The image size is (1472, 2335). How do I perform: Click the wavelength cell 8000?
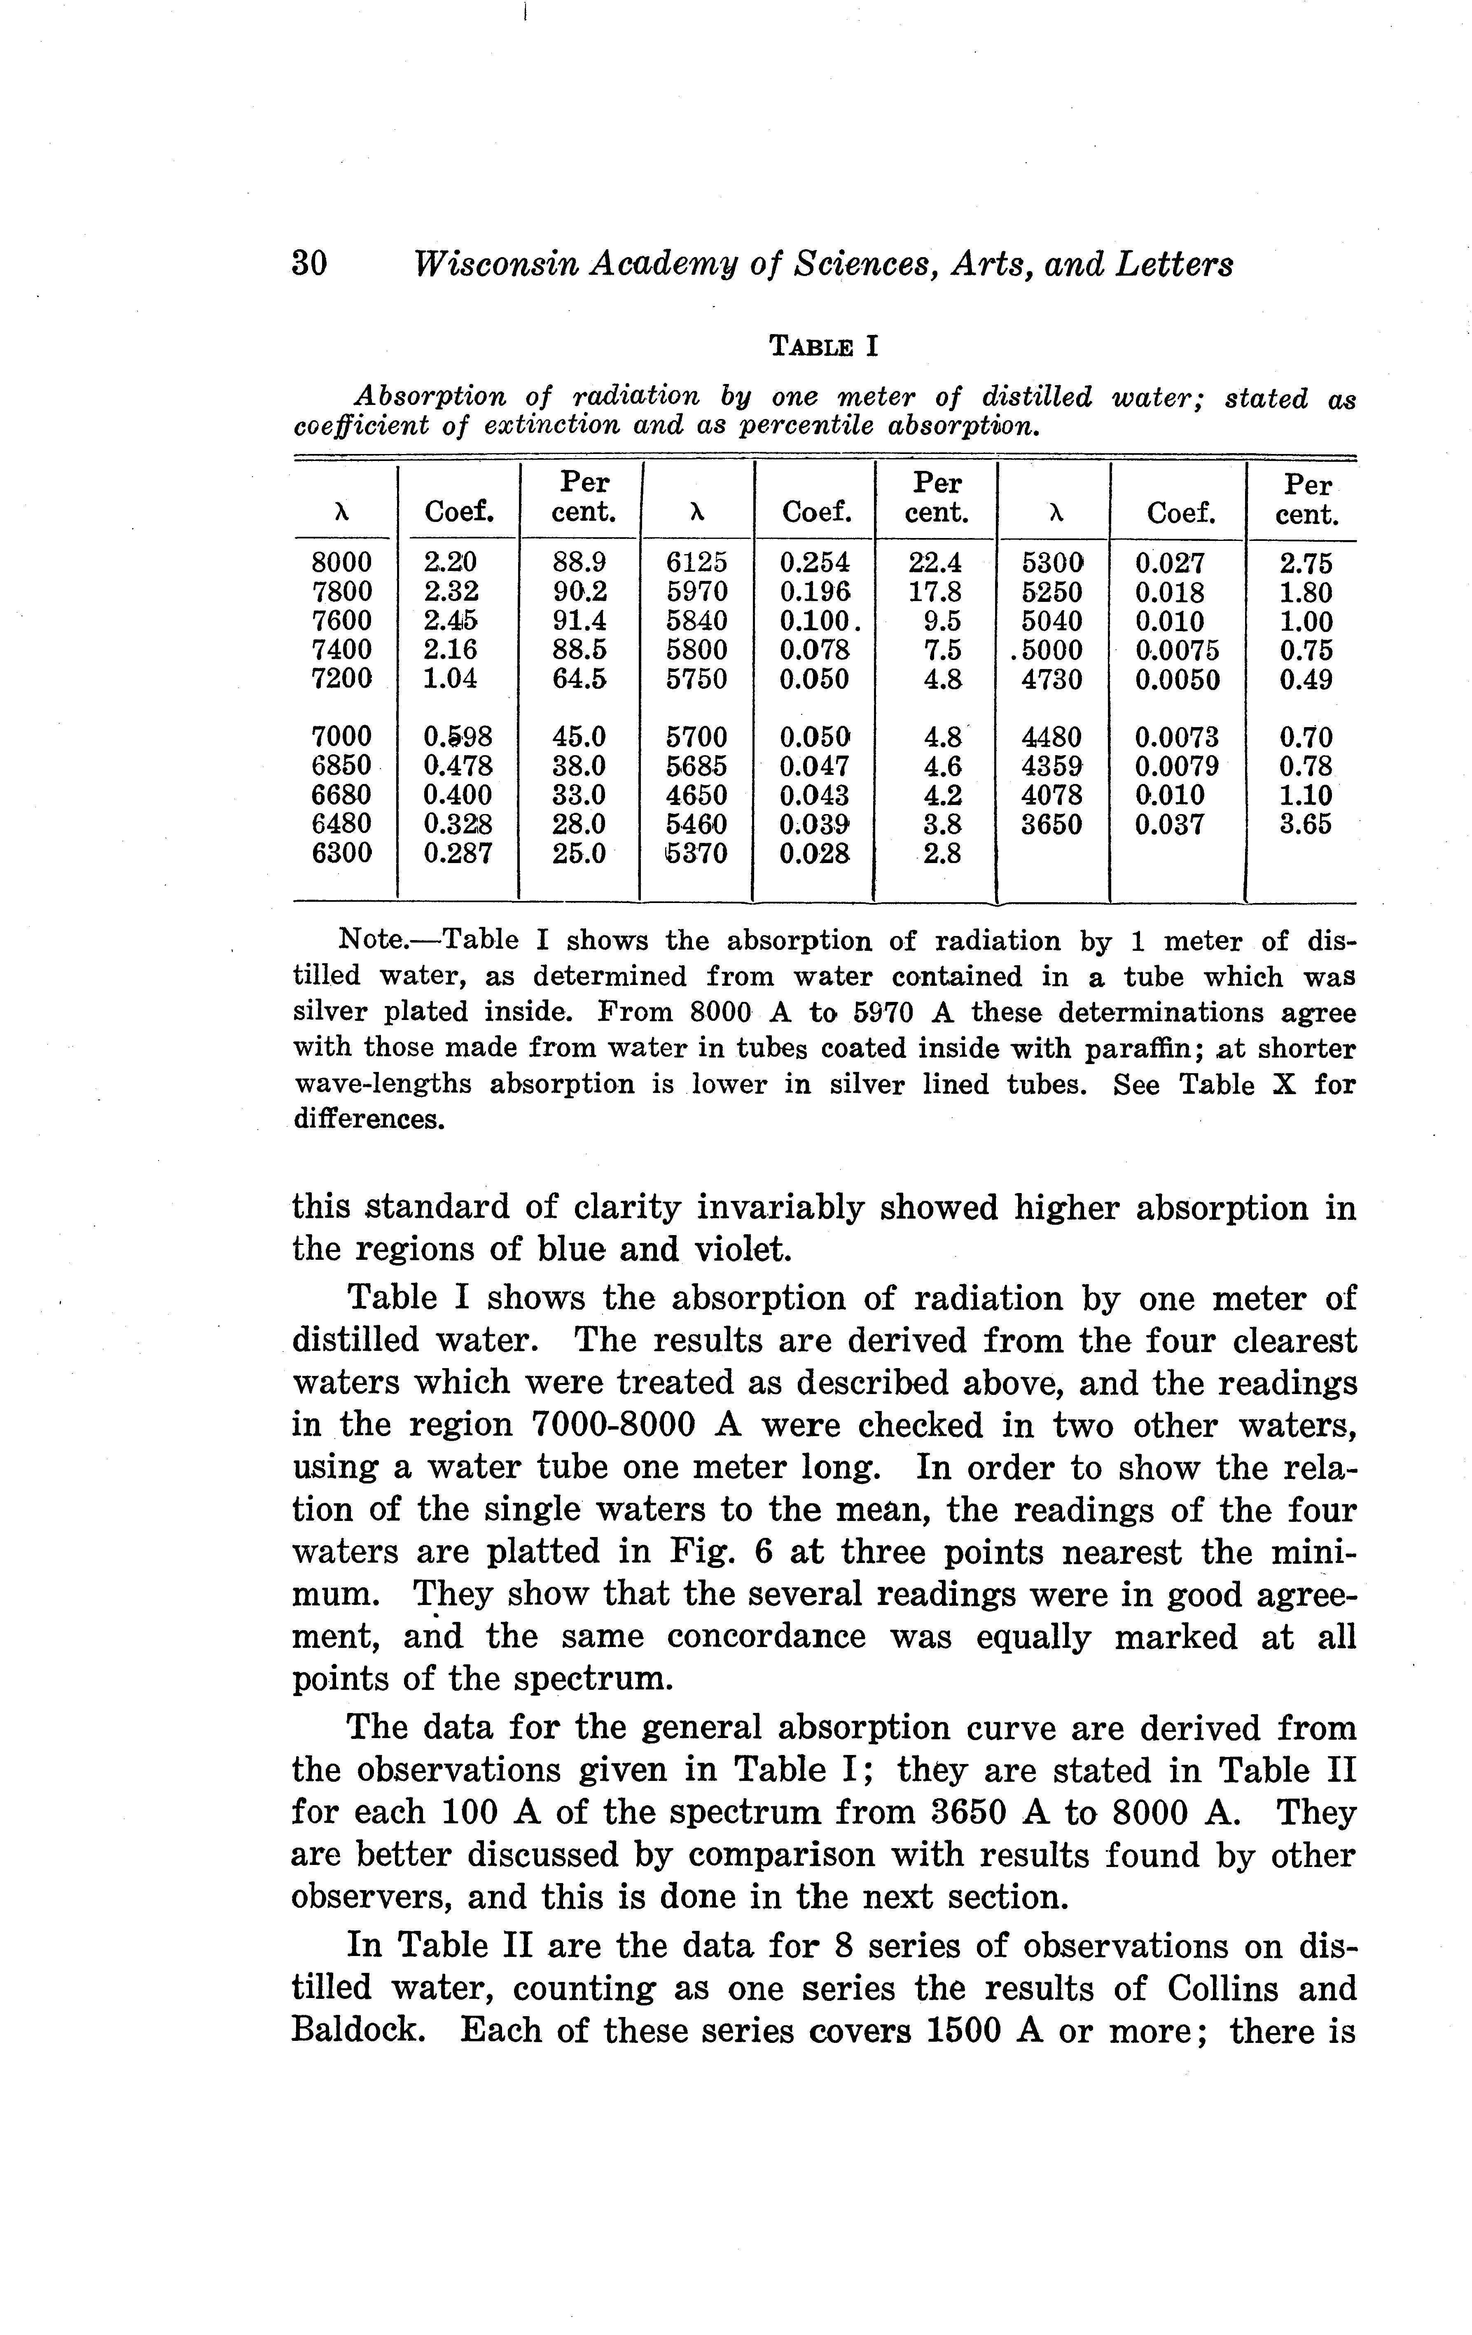(x=341, y=562)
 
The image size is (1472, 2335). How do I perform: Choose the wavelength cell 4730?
(x=1052, y=679)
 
